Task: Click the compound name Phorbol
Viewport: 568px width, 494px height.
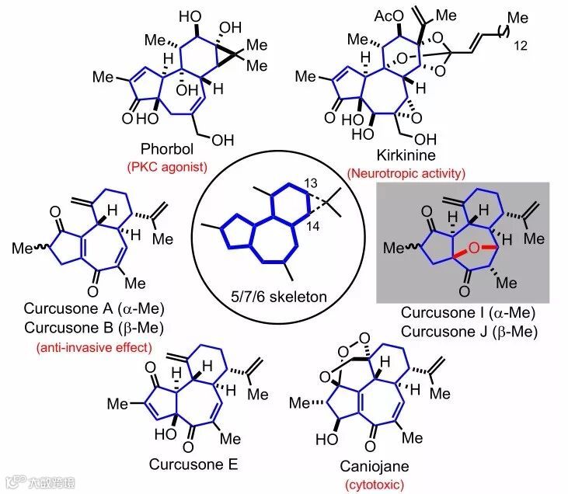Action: pos(166,148)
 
